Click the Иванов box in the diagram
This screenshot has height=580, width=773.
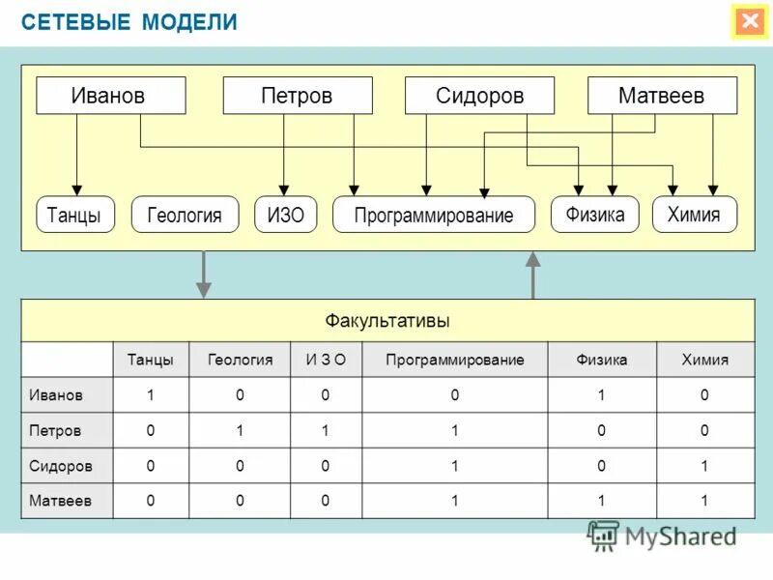tap(110, 96)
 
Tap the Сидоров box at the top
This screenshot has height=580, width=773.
tap(479, 96)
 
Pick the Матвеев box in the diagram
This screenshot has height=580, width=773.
tap(662, 96)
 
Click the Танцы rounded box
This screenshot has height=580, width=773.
tap(75, 215)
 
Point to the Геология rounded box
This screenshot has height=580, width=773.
tap(184, 215)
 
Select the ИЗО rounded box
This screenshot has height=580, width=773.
tap(285, 215)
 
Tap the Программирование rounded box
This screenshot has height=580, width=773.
tap(434, 215)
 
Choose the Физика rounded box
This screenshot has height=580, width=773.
tap(595, 214)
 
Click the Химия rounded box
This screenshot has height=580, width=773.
tap(695, 214)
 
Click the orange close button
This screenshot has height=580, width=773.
tap(749, 21)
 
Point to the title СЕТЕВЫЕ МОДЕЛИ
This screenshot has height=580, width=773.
tap(129, 22)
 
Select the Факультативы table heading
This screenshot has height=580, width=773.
tap(387, 320)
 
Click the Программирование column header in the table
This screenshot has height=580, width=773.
tap(454, 360)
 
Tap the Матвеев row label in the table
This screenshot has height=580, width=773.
tap(61, 501)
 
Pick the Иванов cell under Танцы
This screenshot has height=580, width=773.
tap(151, 394)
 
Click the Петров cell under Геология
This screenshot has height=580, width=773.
tap(239, 430)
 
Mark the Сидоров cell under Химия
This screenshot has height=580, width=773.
tap(704, 466)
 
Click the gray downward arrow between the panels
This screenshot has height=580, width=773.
tap(203, 275)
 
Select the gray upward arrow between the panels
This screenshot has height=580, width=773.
tap(532, 275)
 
